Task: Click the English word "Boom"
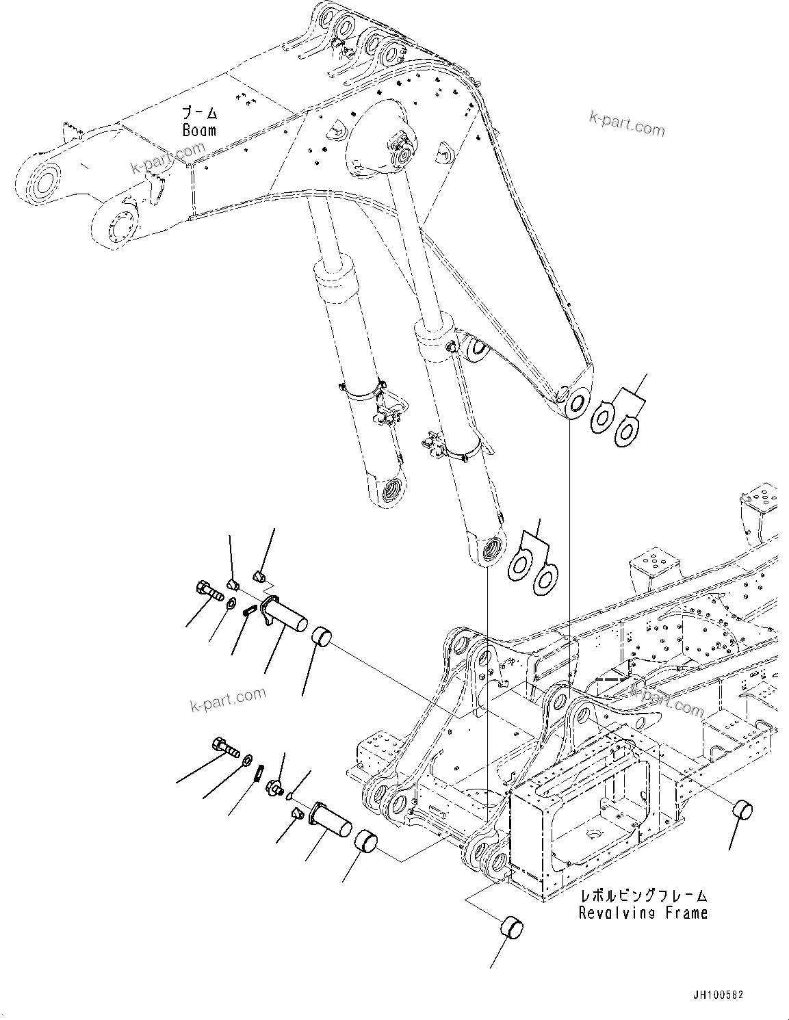coord(199,130)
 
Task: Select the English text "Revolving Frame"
coord(643,912)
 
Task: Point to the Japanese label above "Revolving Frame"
coord(643,895)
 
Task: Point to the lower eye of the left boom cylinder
coord(393,490)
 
